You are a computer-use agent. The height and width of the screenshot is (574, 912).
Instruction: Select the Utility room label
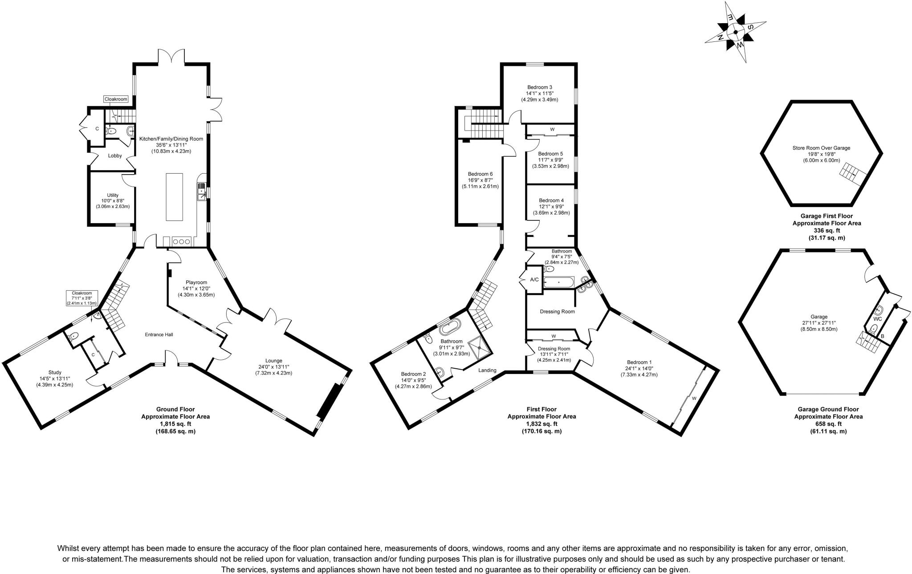[x=113, y=195]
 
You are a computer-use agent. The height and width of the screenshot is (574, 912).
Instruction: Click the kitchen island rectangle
[x=174, y=197]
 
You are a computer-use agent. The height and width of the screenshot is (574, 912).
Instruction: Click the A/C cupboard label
[x=534, y=280]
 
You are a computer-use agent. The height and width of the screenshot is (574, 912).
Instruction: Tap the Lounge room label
[x=273, y=361]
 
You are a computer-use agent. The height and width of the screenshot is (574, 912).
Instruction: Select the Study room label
[x=55, y=372]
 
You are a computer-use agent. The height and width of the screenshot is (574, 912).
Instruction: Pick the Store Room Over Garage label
[x=821, y=148]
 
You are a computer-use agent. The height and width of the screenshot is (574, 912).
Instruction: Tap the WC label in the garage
[x=877, y=319]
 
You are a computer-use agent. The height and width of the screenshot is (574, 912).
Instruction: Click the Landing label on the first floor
[x=487, y=370]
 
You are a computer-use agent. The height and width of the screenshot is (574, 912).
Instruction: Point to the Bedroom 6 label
[x=480, y=174]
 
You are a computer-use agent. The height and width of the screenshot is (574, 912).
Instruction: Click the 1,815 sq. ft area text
[x=175, y=424]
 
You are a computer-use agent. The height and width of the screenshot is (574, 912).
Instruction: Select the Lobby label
[x=115, y=156]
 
